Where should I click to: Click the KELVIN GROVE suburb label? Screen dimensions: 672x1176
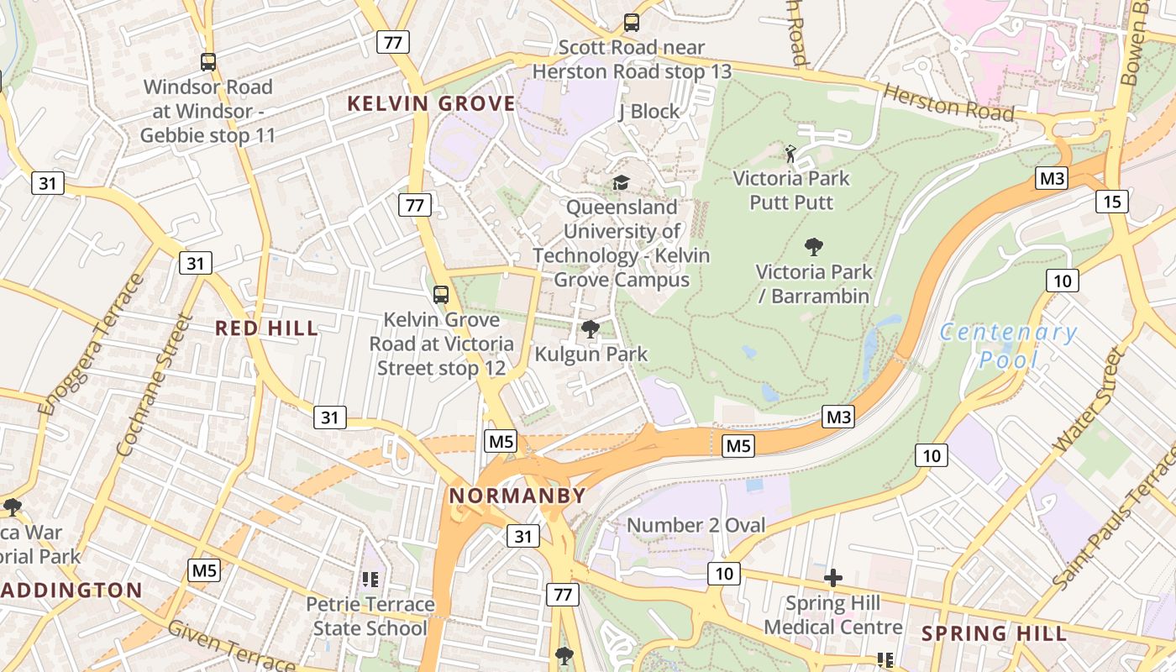(431, 104)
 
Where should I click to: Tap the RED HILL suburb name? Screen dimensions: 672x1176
(267, 328)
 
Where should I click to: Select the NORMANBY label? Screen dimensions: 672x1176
(517, 496)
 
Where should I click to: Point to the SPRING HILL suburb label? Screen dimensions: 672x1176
(995, 633)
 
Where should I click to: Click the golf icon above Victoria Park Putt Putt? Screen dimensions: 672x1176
(790, 154)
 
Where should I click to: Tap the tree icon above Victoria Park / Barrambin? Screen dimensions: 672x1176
(813, 247)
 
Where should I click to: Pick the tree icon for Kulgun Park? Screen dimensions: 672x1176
(591, 329)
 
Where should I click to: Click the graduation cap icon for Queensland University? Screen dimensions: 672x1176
(621, 182)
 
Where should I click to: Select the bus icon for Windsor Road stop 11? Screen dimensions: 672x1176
(207, 61)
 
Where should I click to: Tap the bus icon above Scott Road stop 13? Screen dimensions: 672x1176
(631, 23)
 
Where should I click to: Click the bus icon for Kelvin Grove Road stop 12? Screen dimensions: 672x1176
(440, 295)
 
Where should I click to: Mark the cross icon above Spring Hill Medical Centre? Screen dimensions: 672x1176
(832, 578)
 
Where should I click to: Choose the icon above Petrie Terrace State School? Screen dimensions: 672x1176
(370, 579)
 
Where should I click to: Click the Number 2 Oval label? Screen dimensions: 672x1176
(696, 526)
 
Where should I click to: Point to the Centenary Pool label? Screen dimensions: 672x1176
(1007, 345)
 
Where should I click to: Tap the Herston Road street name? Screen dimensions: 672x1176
(949, 102)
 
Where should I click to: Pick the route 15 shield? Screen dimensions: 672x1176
(1112, 201)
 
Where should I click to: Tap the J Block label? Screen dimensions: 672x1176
(648, 112)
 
